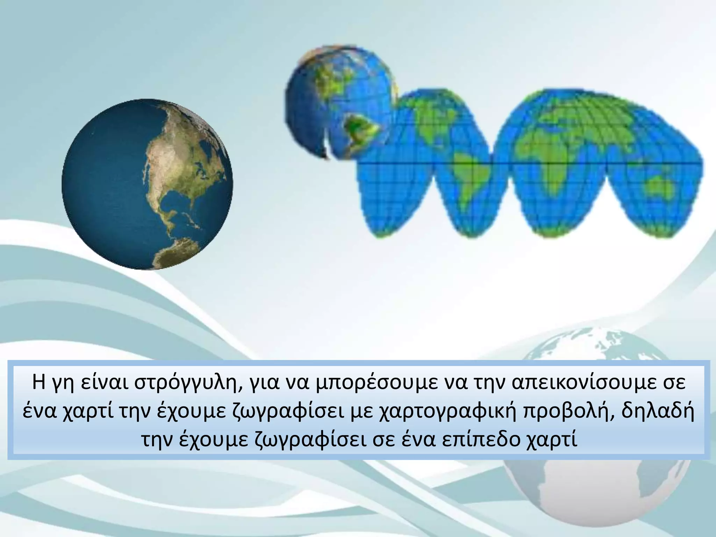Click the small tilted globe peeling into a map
(341, 103)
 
